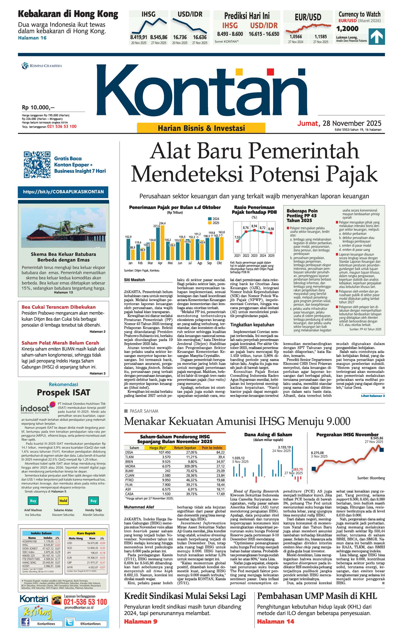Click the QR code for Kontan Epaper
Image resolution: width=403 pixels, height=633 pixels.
pyautogui.click(x=37, y=165)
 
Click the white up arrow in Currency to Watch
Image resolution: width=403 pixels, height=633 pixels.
pyautogui.click(x=377, y=36)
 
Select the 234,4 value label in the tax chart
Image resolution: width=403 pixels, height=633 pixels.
pyautogui.click(x=162, y=223)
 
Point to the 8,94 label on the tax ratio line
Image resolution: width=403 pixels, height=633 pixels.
pyautogui.click(x=254, y=226)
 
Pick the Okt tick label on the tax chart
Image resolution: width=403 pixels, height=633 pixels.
pyautogui.click(x=219, y=263)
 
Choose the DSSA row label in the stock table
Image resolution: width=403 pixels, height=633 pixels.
pyautogui.click(x=129, y=452)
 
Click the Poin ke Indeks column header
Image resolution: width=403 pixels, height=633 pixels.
pyautogui.click(x=212, y=448)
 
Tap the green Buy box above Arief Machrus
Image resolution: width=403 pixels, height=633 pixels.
pyautogui.click(x=33, y=501)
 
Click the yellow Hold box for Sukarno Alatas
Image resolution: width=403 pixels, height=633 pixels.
pyautogui.click(x=63, y=501)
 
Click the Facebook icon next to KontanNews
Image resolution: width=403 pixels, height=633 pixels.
pyautogui.click(x=25, y=622)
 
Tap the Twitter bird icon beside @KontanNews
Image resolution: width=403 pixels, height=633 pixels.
pyautogui.click(x=70, y=622)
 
